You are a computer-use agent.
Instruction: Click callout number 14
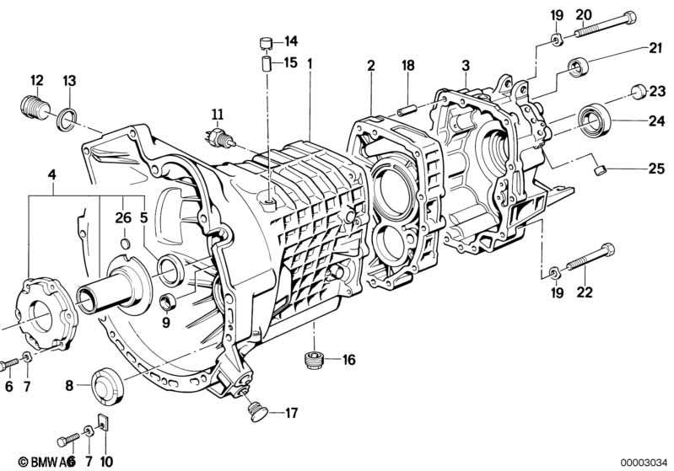(x=291, y=40)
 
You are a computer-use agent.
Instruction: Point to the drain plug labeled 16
(x=315, y=361)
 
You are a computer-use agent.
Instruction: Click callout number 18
(x=408, y=66)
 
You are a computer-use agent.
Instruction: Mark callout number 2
(x=370, y=66)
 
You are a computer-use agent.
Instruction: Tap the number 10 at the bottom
(x=105, y=462)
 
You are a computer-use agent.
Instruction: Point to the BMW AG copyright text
(x=35, y=462)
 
